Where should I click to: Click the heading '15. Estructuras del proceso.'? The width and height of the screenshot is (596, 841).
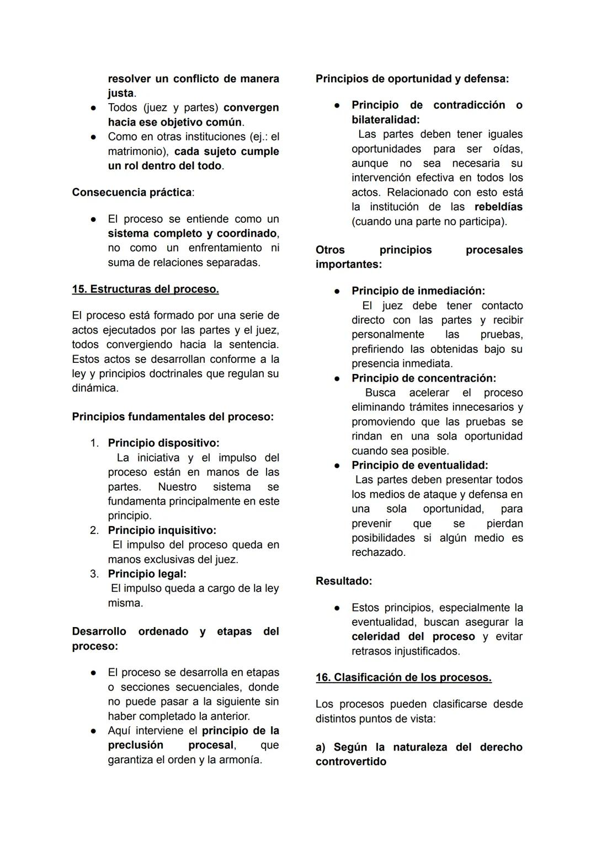click(x=145, y=289)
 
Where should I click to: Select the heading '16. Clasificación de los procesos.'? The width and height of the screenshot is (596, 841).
click(x=403, y=677)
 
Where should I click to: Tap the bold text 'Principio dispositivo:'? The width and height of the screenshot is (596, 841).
click(x=163, y=443)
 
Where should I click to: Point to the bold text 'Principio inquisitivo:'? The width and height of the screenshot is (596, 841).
click(x=162, y=530)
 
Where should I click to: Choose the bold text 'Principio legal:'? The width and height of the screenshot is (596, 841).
click(x=147, y=574)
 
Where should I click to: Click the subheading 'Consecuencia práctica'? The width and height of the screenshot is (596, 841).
click(x=132, y=192)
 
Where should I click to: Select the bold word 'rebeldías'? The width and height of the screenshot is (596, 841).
click(x=498, y=207)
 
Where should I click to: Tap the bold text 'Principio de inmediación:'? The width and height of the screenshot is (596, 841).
click(x=418, y=291)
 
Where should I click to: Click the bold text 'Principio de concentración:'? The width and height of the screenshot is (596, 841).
click(x=424, y=378)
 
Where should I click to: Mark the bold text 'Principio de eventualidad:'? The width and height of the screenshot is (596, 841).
click(x=419, y=465)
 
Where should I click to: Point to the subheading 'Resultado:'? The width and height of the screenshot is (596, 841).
click(x=344, y=581)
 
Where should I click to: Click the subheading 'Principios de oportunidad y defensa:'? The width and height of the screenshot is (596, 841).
click(x=412, y=79)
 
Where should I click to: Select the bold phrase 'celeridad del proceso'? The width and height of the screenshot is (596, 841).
click(x=413, y=636)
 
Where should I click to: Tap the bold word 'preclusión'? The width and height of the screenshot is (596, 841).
click(x=136, y=745)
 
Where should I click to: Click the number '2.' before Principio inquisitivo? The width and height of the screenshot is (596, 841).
click(x=94, y=530)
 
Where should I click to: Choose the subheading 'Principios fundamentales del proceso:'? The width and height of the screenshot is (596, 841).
click(x=173, y=416)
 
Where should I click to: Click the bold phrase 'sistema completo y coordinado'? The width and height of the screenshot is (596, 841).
click(x=193, y=233)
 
